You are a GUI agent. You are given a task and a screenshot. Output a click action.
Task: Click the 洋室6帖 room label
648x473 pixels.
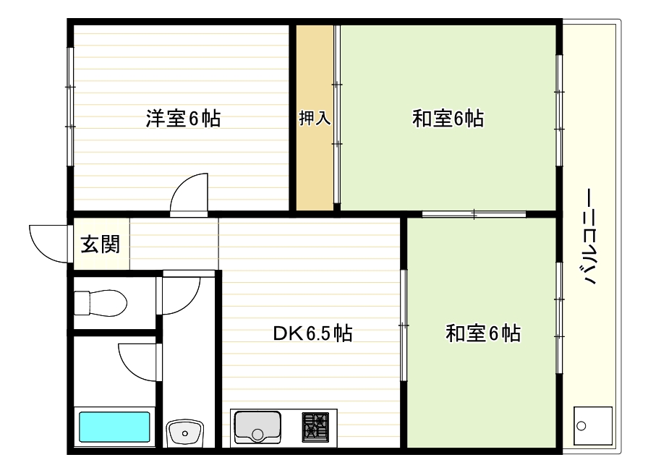(x=183, y=119)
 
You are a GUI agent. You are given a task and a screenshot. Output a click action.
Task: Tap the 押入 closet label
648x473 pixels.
(x=315, y=119)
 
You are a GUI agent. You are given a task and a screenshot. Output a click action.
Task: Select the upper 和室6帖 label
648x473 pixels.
(x=448, y=119)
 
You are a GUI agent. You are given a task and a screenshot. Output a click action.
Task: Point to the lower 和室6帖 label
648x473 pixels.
(x=483, y=333)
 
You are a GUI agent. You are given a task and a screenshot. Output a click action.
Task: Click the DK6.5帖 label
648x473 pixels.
(x=312, y=333)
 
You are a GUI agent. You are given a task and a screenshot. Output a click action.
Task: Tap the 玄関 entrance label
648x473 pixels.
(x=99, y=244)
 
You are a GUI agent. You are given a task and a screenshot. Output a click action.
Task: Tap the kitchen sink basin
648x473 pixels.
(x=256, y=425)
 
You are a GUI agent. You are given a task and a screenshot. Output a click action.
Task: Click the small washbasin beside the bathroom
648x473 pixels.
(x=185, y=433)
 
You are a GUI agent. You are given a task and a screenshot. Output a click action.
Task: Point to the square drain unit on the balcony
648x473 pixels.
(x=592, y=425)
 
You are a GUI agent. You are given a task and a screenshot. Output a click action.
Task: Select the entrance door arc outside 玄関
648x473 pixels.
(x=47, y=242)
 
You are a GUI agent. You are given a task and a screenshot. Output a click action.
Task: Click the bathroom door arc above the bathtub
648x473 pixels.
(x=137, y=358)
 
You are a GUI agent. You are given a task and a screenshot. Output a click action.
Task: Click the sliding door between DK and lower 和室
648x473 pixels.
(x=404, y=325)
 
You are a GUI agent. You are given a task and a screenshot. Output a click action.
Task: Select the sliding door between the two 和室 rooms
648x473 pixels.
(x=474, y=213)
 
